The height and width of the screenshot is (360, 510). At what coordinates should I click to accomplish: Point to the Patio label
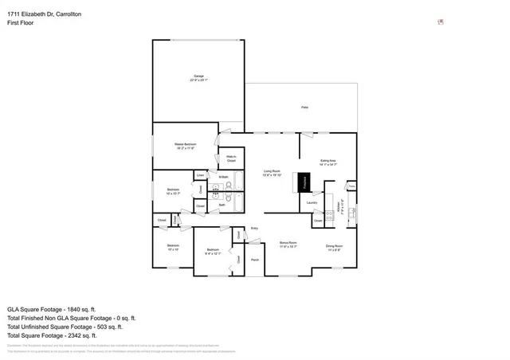coord(304,107)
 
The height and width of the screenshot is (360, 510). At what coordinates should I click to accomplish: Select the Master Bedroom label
coord(186,146)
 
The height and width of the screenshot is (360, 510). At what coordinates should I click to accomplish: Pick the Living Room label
coord(272,172)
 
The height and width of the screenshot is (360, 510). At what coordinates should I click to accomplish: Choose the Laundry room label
coord(312,202)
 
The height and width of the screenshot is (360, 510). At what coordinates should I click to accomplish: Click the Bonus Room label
coord(288,244)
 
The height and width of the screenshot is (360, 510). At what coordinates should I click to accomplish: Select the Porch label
coord(255,260)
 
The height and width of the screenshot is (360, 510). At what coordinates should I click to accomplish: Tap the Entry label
coord(255,229)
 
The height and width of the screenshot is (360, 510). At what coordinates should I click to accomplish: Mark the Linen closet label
coord(201,174)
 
